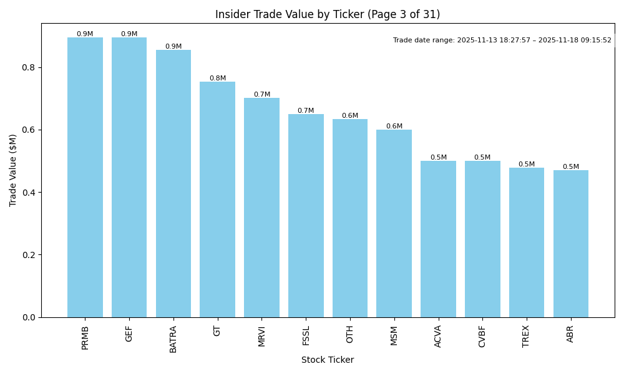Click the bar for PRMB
click(x=85, y=178)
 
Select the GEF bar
click(x=129, y=178)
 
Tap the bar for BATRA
click(x=173, y=184)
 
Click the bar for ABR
click(x=570, y=244)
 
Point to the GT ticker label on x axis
click(x=217, y=330)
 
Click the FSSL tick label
click(x=306, y=335)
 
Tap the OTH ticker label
click(x=350, y=334)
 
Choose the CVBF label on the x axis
click(x=482, y=336)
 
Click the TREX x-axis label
click(x=526, y=336)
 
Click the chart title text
click(x=328, y=14)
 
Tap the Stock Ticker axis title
click(x=328, y=360)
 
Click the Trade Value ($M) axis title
click(x=13, y=170)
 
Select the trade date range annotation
click(x=502, y=41)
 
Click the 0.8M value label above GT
click(x=218, y=79)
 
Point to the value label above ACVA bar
click(x=438, y=158)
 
